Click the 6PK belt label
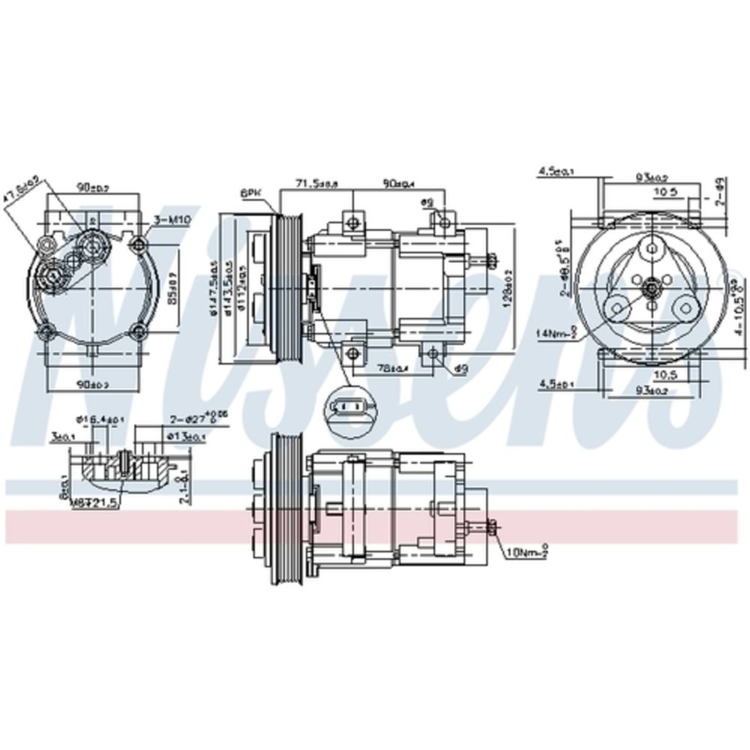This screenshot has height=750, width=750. pos(249,193)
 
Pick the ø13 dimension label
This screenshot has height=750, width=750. pos(187,436)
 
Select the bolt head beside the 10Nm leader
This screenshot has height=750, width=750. pos(490,528)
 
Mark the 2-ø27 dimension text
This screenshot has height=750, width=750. pos(189,418)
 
